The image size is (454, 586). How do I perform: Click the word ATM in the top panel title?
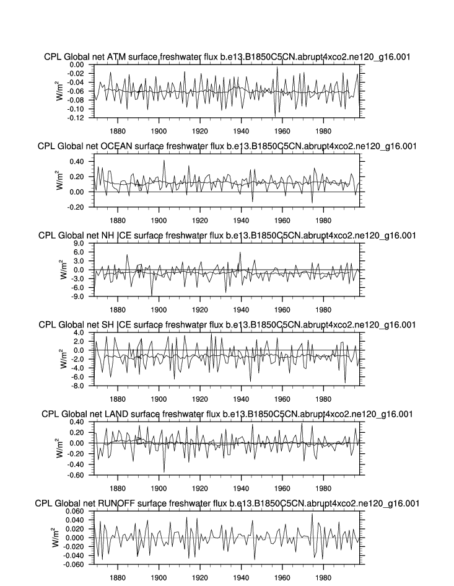click(116, 57)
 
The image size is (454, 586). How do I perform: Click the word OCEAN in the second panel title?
click(116, 146)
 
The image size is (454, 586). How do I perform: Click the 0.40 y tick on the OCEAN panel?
click(76, 161)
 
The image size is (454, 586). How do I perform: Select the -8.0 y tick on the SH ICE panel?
click(77, 386)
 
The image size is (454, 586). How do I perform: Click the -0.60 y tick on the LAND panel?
click(76, 475)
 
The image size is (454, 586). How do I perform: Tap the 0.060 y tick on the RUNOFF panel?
click(74, 512)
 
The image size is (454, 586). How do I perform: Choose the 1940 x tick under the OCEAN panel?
click(242, 220)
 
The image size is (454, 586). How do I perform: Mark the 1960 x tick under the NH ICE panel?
click(283, 309)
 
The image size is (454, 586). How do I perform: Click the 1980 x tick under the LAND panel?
click(324, 487)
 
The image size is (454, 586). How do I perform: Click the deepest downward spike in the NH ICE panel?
click(152, 295)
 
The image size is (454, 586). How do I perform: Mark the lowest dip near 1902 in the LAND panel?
click(164, 472)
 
